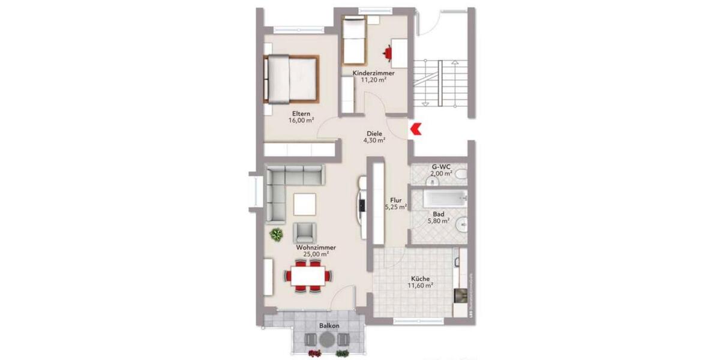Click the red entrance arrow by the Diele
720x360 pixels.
pyautogui.click(x=415, y=128)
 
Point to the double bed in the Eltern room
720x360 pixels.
pyautogui.click(x=291, y=79)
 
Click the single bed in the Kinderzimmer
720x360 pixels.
pyautogui.click(x=353, y=41)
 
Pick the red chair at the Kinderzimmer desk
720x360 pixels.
pyautogui.click(x=391, y=54)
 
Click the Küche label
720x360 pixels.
pyautogui.click(x=420, y=278)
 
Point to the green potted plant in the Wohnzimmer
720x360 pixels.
pyautogui.click(x=277, y=234)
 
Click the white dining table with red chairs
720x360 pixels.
pyautogui.click(x=308, y=276)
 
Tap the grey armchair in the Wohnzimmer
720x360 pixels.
pyautogui.click(x=305, y=231)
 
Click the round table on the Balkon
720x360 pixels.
pyautogui.click(x=327, y=340)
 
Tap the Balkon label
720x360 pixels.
pyautogui.click(x=329, y=326)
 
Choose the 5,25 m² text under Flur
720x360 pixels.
pyautogui.click(x=395, y=208)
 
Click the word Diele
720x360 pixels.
pyautogui.click(x=374, y=133)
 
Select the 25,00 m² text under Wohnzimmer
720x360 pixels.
pyautogui.click(x=315, y=254)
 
